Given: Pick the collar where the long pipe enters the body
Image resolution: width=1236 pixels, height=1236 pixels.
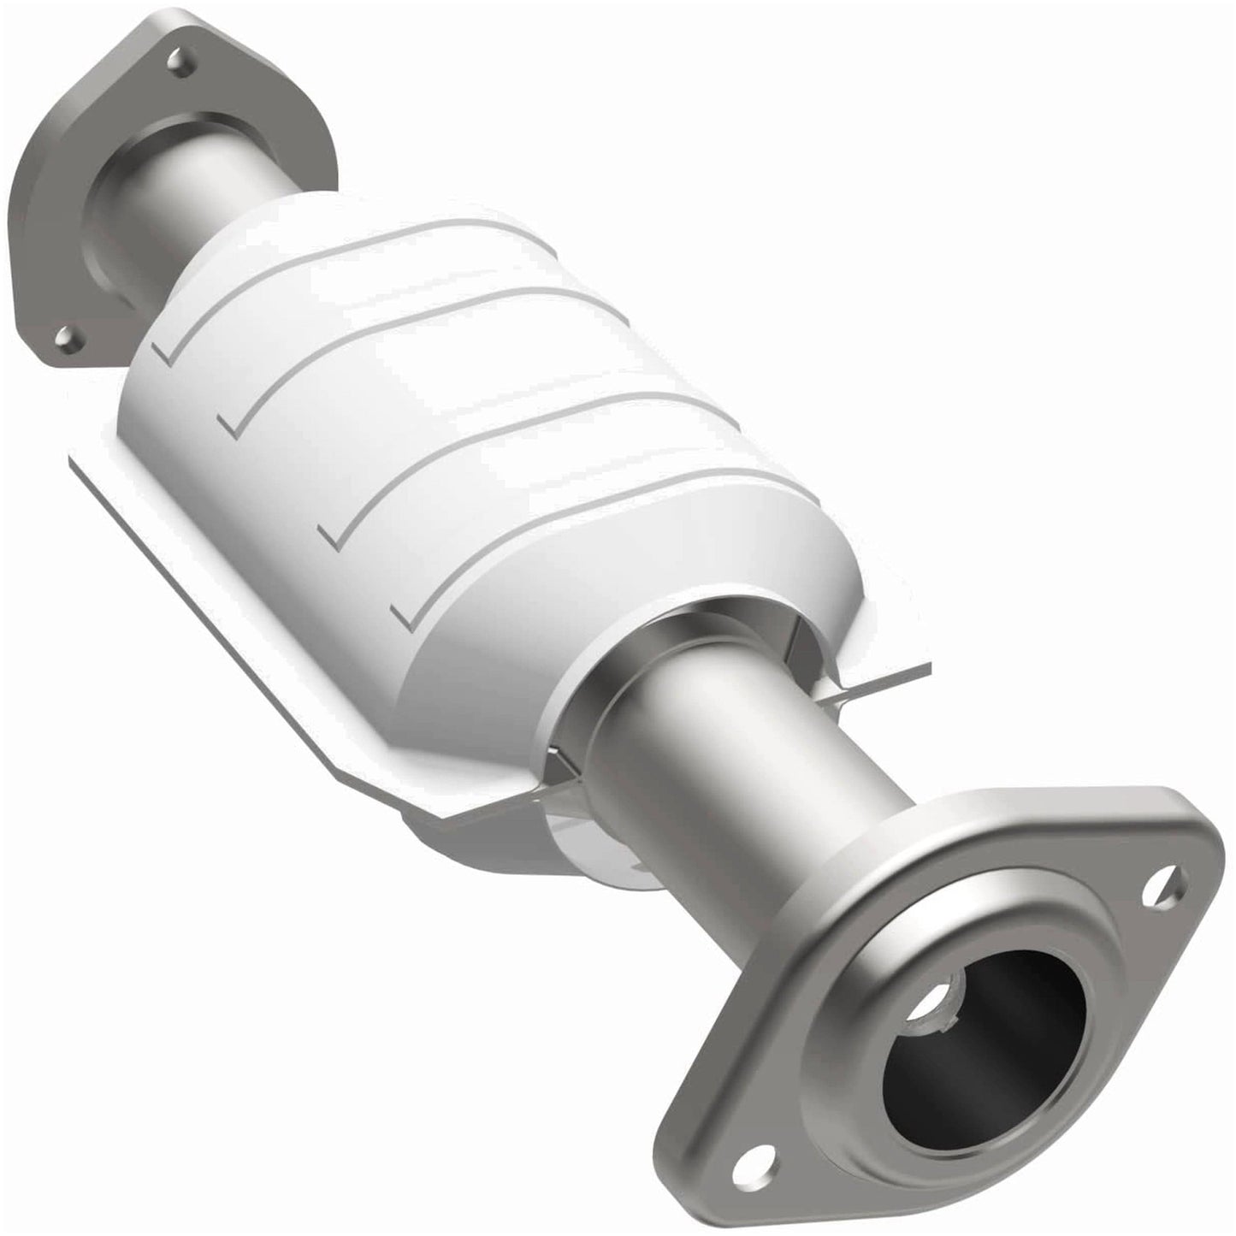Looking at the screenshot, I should (633, 684).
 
